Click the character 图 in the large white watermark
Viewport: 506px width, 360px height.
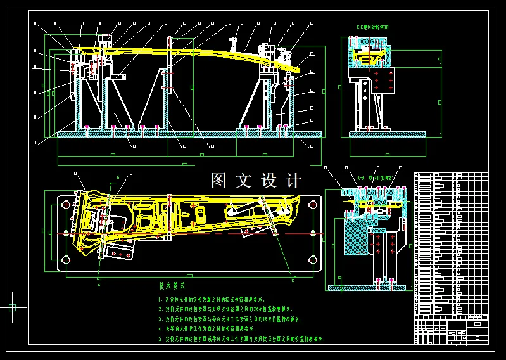coord(219,181)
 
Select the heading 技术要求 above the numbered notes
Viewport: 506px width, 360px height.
coord(172,286)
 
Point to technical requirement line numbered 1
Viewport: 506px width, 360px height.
coord(212,299)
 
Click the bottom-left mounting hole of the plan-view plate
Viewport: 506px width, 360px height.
coord(65,260)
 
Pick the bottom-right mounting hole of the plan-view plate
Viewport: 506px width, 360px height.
coord(312,260)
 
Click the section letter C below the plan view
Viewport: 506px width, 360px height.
coord(293,278)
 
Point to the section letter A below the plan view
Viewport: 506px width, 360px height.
coord(99,285)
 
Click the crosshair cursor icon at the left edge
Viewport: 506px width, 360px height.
coord(12,307)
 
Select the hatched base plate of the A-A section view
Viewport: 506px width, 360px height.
coord(368,287)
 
